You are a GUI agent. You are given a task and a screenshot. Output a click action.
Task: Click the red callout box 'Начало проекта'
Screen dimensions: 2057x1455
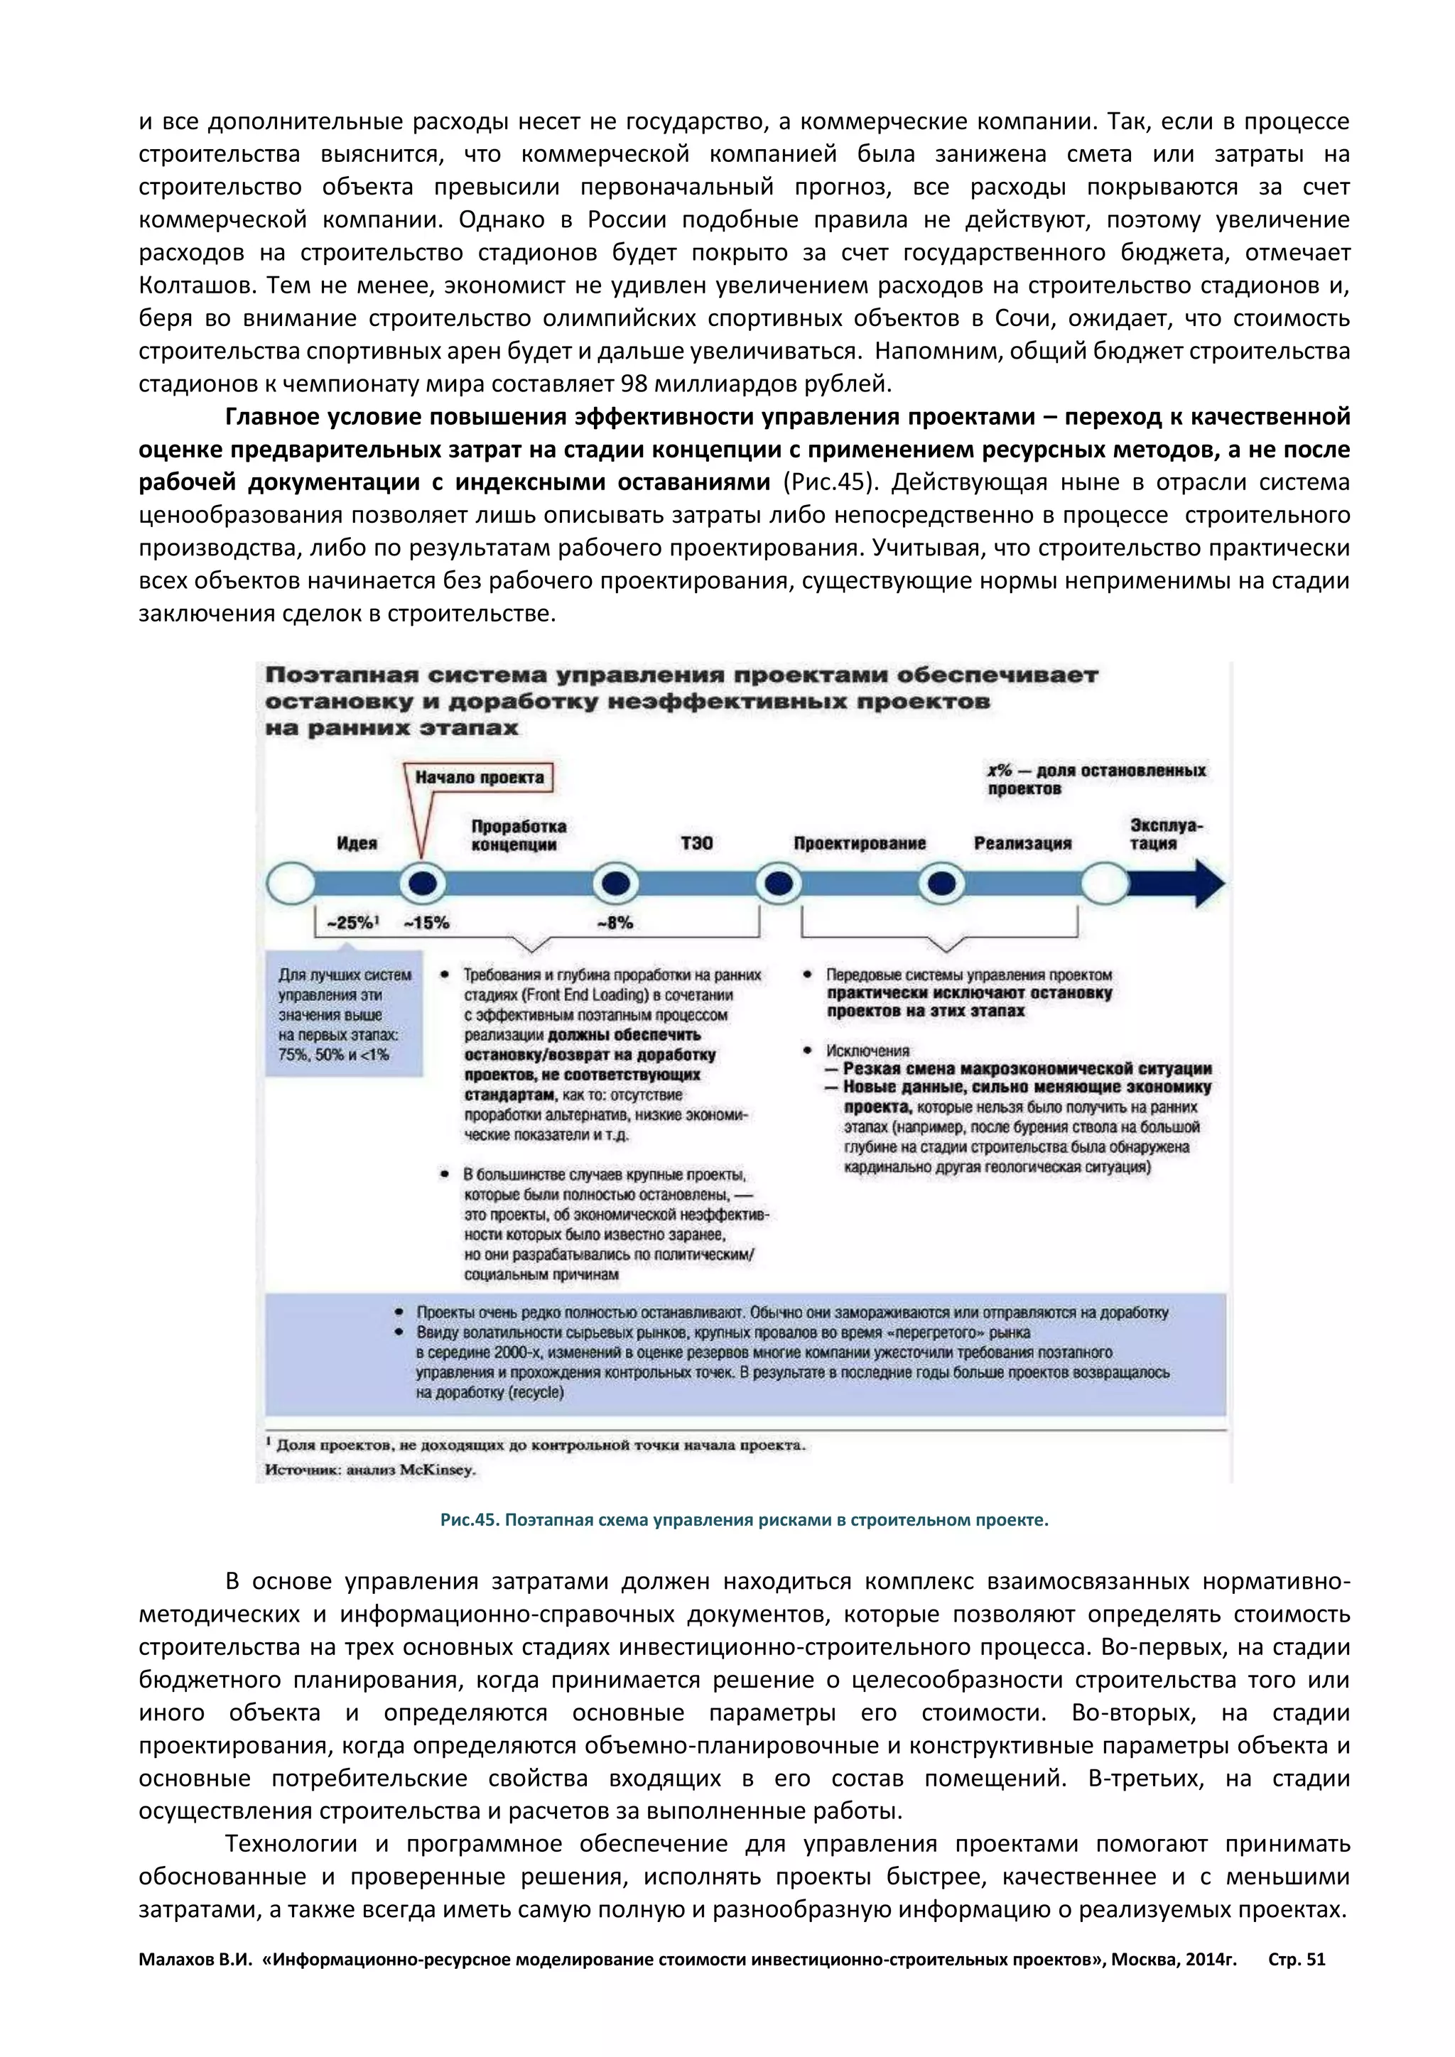point(480,777)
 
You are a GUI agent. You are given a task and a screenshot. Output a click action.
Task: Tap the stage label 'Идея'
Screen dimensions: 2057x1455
point(357,843)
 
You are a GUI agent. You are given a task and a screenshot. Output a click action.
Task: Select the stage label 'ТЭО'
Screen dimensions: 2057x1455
point(697,843)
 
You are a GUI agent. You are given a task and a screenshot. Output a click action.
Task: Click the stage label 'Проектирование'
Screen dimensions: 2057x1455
point(859,843)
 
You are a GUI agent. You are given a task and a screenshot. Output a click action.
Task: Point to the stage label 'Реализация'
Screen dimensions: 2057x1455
point(1022,843)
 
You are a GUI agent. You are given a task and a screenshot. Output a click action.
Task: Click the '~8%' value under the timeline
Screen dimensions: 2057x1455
point(615,923)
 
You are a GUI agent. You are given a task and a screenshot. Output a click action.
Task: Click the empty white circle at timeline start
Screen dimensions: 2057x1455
point(291,884)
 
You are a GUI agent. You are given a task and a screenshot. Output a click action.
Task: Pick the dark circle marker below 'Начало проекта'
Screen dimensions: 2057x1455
point(422,884)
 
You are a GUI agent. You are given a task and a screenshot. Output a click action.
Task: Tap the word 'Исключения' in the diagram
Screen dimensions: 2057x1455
point(867,1050)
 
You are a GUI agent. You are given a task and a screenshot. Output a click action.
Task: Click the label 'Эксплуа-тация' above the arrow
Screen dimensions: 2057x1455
point(1164,834)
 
